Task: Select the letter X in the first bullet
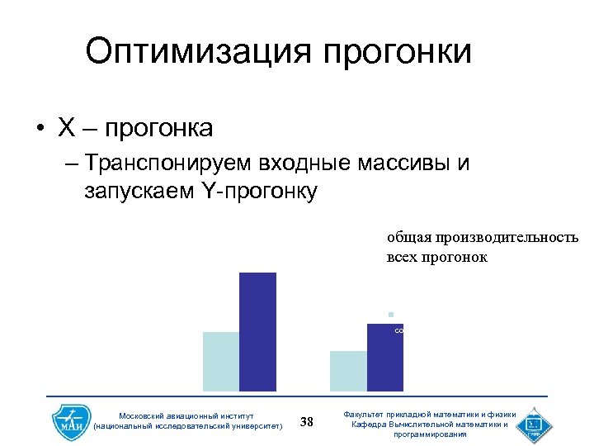coord(67,128)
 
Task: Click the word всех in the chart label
coord(402,257)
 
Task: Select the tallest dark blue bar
coord(257,331)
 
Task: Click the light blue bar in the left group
coord(221,361)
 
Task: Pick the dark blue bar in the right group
coord(384,357)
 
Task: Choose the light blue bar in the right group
coord(348,371)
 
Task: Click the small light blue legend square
coord(392,314)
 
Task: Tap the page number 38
coord(307,422)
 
